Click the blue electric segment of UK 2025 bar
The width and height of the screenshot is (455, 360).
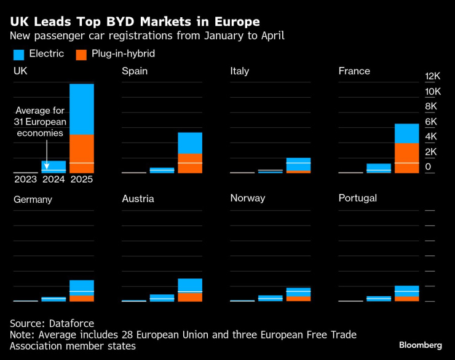[82, 109]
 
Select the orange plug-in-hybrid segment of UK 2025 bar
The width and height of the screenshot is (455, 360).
[82, 153]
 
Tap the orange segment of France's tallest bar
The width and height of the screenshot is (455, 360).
[406, 158]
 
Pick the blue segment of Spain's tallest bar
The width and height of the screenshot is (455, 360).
[190, 143]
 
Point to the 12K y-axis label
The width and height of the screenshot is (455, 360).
[433, 76]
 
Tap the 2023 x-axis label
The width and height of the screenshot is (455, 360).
[25, 180]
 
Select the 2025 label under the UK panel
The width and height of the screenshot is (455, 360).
[82, 180]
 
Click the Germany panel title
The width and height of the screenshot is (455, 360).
[33, 199]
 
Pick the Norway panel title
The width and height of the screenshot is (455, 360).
[248, 198]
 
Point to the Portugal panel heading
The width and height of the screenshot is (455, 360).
[358, 198]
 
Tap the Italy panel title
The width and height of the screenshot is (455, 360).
[239, 71]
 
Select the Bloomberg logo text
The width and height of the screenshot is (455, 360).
[420, 345]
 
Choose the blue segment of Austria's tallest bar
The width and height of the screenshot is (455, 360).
[190, 285]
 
